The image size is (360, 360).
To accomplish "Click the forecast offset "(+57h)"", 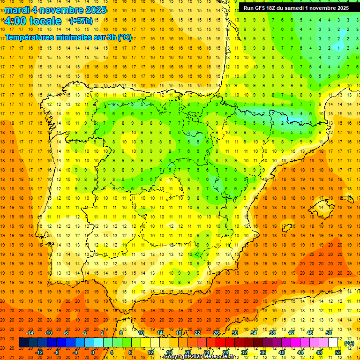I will click(81, 21).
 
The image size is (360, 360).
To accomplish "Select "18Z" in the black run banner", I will click(276, 8).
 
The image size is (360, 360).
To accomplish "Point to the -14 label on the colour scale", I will click(30, 333).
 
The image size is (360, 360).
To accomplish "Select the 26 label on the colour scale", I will click(216, 333).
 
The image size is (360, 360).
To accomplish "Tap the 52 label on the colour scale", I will click(338, 352).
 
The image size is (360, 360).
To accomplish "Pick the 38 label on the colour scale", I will click(272, 333).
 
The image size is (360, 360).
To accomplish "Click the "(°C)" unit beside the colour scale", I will click(349, 343).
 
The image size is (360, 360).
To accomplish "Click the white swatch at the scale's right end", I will click(333, 343).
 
